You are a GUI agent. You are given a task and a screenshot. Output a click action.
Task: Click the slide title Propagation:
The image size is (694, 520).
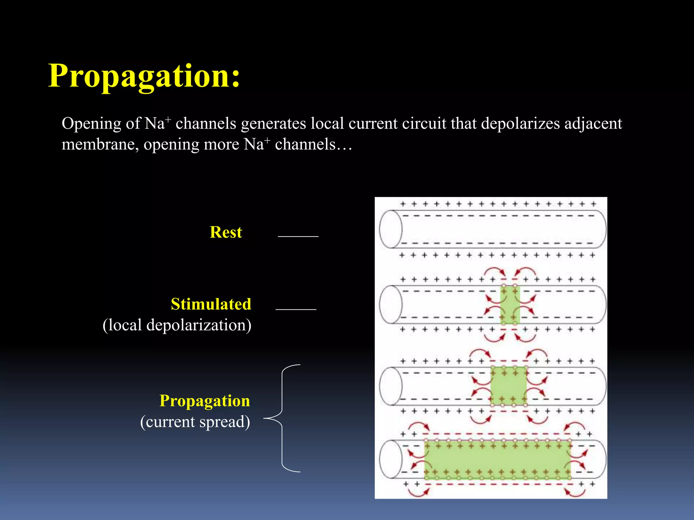click(x=144, y=76)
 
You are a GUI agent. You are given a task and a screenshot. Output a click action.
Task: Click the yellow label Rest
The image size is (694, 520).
click(x=226, y=232)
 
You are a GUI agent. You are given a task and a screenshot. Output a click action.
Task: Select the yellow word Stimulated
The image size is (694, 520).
click(x=211, y=304)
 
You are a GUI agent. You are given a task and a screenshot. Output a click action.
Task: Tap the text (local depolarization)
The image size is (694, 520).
click(x=177, y=325)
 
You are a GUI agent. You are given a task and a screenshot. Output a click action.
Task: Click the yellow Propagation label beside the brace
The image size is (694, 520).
click(x=205, y=401)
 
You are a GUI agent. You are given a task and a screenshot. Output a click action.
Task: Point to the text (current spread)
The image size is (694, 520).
click(x=195, y=422)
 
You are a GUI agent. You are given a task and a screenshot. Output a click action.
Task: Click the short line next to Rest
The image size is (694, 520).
click(x=298, y=236)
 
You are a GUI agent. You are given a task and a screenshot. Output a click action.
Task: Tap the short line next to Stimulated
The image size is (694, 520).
click(x=296, y=309)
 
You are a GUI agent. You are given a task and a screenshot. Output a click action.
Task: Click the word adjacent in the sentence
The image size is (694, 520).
click(x=593, y=124)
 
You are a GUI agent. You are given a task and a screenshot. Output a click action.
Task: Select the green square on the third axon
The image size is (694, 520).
click(x=509, y=386)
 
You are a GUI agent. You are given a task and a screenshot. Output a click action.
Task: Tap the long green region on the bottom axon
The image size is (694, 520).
click(x=497, y=460)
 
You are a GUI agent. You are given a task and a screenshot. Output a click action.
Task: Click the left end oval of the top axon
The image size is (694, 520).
click(x=391, y=230)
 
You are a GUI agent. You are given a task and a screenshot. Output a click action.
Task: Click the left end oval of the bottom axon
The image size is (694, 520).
click(x=391, y=459)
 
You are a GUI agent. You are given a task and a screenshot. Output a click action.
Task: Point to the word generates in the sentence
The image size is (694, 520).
click(x=273, y=124)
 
